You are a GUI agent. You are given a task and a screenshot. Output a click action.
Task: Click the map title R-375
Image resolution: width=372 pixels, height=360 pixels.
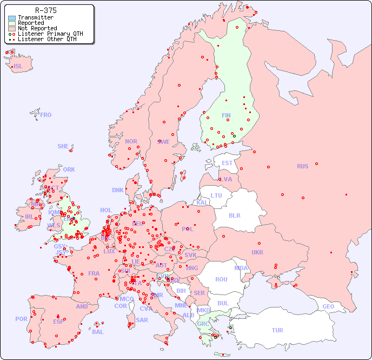[x=45, y=10]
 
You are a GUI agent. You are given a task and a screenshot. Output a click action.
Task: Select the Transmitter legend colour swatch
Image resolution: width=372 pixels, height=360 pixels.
[x=12, y=18]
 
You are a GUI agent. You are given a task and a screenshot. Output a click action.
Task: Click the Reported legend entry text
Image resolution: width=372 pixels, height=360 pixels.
[x=31, y=23]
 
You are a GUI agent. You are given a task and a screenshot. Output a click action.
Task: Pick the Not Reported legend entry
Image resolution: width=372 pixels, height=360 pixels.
[x=37, y=29]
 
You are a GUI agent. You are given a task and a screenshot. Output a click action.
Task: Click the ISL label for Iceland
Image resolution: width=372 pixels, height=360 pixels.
[x=18, y=67]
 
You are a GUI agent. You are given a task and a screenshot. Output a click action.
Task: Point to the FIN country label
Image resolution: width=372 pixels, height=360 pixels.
[x=226, y=115]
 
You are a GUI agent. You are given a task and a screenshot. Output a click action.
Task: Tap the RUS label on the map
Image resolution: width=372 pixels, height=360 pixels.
[x=302, y=166]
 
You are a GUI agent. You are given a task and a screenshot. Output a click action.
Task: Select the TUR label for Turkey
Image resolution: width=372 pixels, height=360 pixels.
[x=277, y=330]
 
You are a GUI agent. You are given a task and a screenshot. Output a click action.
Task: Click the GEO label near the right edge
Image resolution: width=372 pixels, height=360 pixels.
[x=328, y=306]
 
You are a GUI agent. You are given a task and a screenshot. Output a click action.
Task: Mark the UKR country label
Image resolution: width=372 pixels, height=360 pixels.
[x=257, y=252]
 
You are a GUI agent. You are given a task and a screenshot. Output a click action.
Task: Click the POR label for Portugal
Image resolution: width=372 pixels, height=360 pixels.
[x=21, y=319]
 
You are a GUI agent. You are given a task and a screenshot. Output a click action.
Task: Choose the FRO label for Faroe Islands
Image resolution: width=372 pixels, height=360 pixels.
[x=46, y=115]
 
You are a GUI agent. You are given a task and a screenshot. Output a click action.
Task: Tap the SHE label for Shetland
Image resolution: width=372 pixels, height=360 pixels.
[x=63, y=146]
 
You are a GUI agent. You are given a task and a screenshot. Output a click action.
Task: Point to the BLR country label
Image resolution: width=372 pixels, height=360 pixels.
[x=234, y=215]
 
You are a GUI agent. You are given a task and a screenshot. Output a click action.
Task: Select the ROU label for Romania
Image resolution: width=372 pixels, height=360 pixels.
[x=221, y=279]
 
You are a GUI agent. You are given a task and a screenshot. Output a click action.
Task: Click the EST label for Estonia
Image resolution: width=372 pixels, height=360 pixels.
[x=227, y=163]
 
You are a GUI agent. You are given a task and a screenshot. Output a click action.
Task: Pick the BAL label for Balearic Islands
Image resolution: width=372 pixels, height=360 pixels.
[x=98, y=332]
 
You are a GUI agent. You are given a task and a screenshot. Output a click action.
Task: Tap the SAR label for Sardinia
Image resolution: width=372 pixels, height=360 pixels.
[x=142, y=320]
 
